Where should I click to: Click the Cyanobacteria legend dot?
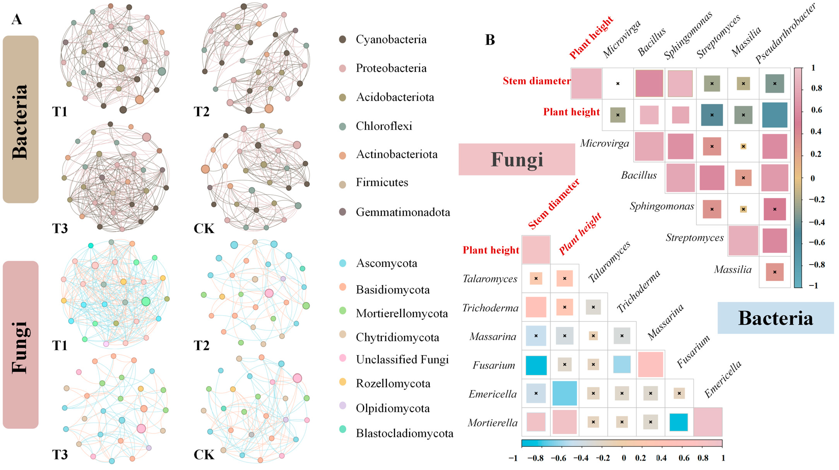[342, 39]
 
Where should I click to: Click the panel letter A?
[17, 20]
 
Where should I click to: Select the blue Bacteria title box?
[775, 318]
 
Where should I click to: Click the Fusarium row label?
[494, 365]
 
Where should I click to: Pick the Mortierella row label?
[492, 423]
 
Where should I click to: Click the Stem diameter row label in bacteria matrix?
[536, 81]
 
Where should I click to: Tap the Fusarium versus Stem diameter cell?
[536, 365]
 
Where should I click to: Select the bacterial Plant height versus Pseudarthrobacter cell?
[774, 115]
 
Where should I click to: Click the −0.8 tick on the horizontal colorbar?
[535, 458]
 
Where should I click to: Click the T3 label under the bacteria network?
[60, 228]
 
